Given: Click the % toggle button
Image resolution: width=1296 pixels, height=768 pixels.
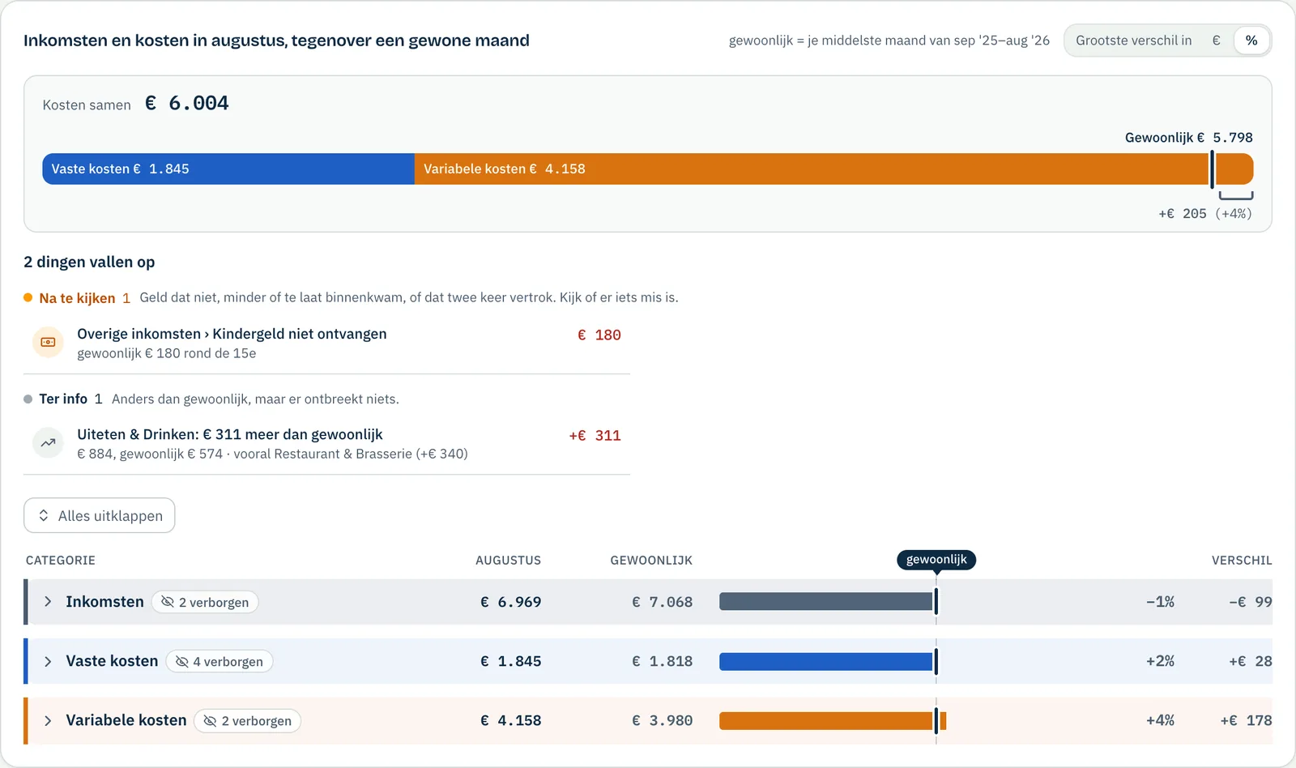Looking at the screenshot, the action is pos(1251,41).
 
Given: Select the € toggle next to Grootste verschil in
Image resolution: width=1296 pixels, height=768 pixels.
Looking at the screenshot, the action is pos(1216,41).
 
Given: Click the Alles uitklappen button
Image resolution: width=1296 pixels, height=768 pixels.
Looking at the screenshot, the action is pos(100,515).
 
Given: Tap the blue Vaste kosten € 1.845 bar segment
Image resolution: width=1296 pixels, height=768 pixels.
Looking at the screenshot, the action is pos(228,169).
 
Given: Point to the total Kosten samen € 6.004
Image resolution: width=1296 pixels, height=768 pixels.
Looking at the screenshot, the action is pos(136,104).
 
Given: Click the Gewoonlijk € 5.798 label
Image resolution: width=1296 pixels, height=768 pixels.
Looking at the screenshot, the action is pos(1188,138).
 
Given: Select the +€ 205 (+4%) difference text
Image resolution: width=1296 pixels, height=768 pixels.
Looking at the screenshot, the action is pos(1205,214).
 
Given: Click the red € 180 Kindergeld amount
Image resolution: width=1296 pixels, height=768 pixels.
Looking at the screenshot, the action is pos(599,335).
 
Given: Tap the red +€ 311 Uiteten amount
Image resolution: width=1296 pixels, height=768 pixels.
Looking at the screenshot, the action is pos(595,436).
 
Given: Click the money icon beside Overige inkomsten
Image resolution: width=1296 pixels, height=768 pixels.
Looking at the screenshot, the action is pos(48,342).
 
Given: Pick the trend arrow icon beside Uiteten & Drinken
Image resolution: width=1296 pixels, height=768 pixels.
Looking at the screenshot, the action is pos(48,443).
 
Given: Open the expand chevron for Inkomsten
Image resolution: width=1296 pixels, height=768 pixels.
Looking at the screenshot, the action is pos(48,602).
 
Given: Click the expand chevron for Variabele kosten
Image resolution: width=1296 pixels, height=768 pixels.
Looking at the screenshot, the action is pos(48,720).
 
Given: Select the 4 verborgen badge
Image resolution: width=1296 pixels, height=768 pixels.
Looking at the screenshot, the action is pos(220,662).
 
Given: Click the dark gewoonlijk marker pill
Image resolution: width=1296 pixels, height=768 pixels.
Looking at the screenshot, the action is pos(936,560).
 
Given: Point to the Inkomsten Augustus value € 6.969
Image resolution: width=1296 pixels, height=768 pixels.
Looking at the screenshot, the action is pos(511,602).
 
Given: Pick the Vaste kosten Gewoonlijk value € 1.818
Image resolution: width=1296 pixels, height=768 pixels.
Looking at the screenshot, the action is pos(663,661).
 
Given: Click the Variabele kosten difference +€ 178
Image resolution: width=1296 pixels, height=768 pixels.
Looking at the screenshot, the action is pos(1247,720).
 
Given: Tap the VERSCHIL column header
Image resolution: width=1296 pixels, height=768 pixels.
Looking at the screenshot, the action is pos(1242,561).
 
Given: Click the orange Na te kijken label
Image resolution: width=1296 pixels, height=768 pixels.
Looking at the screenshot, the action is pos(77,298).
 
